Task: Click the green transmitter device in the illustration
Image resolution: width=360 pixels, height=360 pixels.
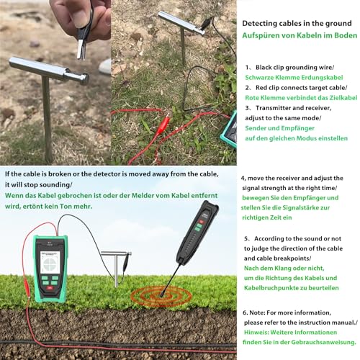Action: pos(50,266)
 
